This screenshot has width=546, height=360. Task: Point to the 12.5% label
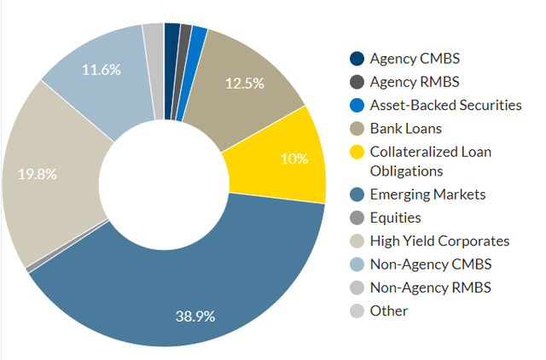tap(243, 84)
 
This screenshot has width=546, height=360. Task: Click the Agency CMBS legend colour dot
tap(357, 59)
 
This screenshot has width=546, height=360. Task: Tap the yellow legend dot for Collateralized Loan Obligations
tap(357, 152)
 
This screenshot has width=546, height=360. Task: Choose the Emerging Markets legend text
tap(427, 195)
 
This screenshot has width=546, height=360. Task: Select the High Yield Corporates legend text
tap(439, 241)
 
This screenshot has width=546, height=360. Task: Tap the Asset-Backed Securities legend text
tap(445, 105)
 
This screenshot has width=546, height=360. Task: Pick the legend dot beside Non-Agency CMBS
tap(357, 264)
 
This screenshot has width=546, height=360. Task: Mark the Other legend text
tap(389, 311)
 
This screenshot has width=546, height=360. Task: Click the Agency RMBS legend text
tap(414, 82)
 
